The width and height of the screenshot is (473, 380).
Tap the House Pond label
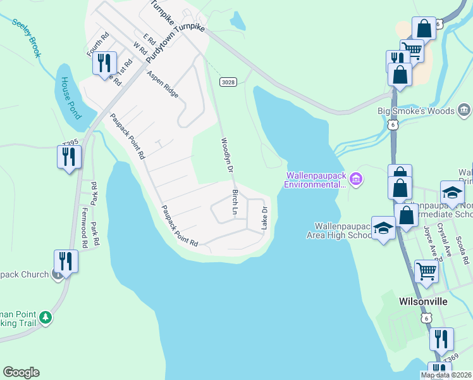point(71,98)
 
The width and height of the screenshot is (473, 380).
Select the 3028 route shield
point(229,82)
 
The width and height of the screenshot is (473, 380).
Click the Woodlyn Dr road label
point(226,155)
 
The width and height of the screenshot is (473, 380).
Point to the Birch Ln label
point(236,201)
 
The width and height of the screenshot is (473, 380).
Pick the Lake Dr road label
point(265,217)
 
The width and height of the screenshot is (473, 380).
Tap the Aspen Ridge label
point(163,84)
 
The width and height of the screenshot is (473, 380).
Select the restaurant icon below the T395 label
point(70,156)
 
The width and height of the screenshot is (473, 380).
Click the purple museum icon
point(356,179)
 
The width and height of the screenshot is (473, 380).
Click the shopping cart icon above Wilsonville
point(427,271)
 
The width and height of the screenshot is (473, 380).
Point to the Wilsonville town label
point(424,301)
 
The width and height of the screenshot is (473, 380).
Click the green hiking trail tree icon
point(45,317)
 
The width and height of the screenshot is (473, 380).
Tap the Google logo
point(21,372)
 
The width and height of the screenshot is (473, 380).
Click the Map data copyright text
point(446,375)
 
